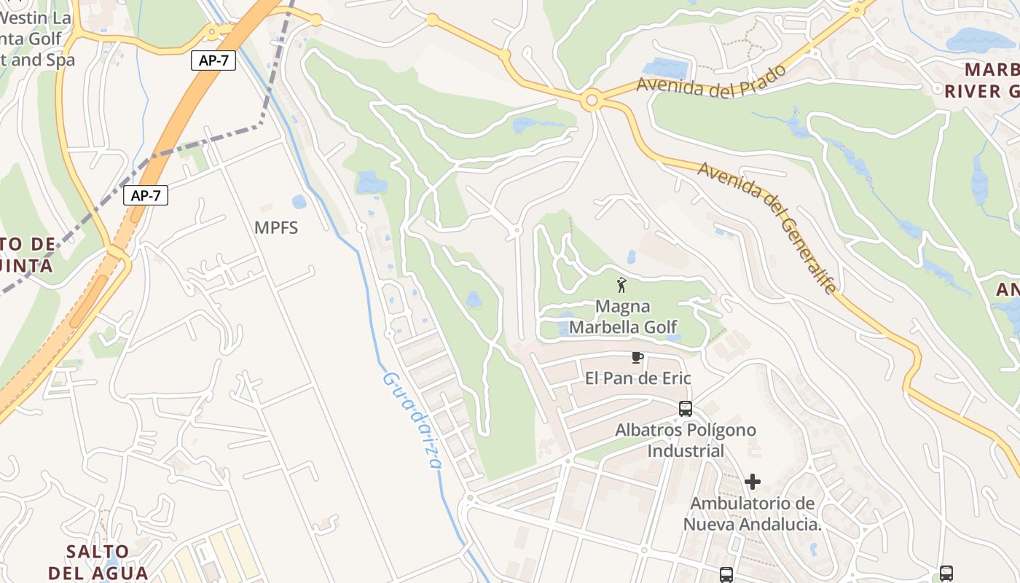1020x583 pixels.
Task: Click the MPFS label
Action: click(276, 227)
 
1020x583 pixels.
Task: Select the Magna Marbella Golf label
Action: click(622, 317)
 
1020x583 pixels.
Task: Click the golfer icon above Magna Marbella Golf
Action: click(621, 285)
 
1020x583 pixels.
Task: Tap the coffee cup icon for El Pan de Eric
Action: click(637, 358)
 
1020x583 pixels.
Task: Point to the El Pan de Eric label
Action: click(638, 378)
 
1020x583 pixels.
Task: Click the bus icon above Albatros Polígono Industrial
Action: click(686, 408)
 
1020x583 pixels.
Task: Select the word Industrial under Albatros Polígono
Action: click(686, 451)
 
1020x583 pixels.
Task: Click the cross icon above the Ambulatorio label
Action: click(753, 482)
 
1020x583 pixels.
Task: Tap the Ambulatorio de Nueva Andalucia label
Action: click(753, 514)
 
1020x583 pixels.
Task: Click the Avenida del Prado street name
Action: click(711, 80)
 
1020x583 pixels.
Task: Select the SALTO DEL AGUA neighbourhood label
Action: click(98, 562)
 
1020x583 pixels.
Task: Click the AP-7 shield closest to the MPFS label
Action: click(146, 195)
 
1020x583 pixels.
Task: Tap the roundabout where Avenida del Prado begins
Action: click(591, 100)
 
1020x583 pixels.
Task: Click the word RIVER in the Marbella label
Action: click(972, 92)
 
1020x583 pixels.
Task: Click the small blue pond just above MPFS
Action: click(299, 202)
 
